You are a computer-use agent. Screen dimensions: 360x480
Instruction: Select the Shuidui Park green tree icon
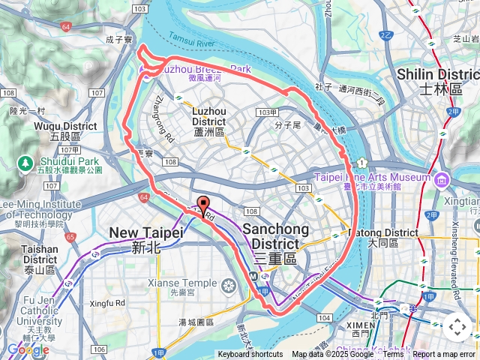25,162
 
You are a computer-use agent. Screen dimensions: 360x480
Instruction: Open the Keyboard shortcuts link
250,354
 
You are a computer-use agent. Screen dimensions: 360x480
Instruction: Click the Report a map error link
444,354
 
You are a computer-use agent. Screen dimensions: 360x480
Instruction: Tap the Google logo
28,349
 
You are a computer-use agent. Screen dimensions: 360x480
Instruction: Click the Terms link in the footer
393,354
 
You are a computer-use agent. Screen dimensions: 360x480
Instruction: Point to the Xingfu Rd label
107,303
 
